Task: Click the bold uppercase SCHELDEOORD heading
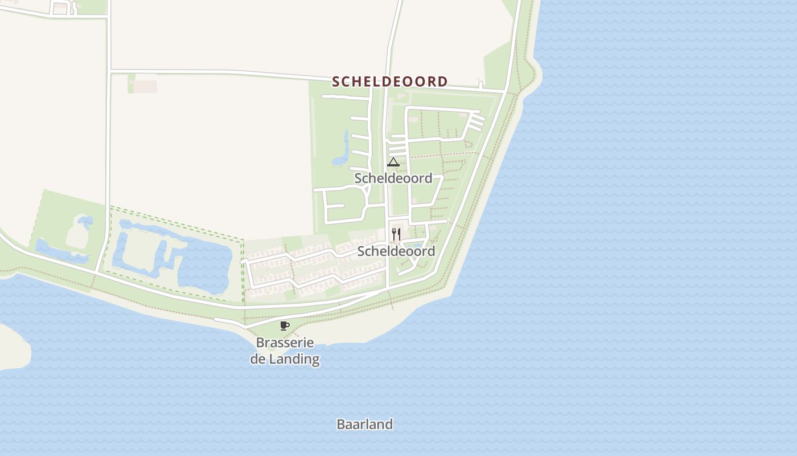point(390,82)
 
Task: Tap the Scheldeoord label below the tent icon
point(393,178)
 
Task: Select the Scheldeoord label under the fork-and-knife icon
point(396,251)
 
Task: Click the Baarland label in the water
point(364,425)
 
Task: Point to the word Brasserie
point(285,343)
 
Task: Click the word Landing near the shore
point(294,359)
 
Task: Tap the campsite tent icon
point(393,162)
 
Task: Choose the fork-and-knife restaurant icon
point(396,234)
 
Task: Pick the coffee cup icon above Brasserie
point(285,325)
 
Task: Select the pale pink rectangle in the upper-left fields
point(145,86)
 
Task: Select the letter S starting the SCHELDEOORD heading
point(336,82)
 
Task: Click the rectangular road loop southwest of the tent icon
point(345,205)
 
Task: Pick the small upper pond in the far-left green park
point(84,221)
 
